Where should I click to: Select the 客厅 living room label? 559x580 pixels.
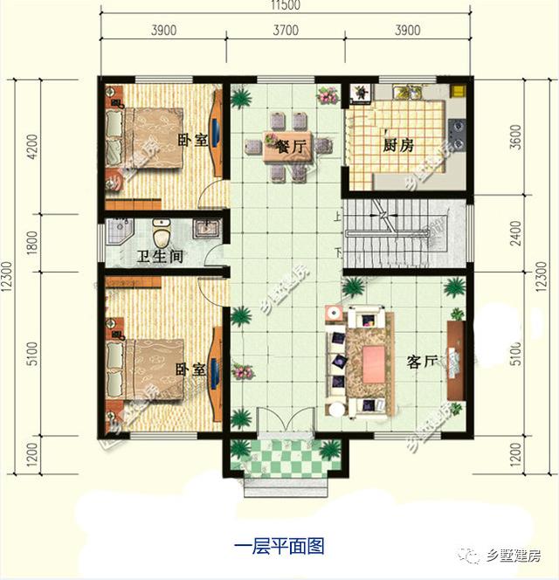[422, 361]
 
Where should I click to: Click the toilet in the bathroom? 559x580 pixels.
[161, 234]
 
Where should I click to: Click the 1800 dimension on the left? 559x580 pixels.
[32, 241]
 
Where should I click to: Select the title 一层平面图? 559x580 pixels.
[279, 547]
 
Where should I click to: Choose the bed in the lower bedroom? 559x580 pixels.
[144, 369]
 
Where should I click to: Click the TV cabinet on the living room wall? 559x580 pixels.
[454, 357]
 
